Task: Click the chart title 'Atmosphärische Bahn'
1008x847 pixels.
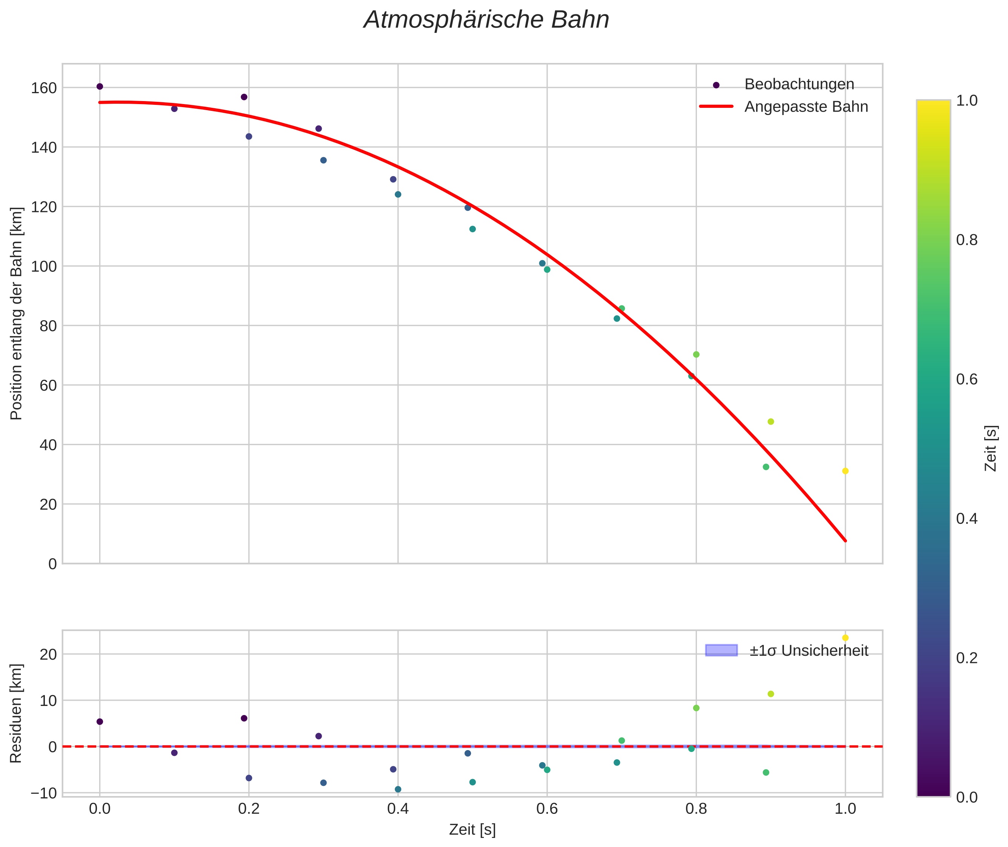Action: pyautogui.click(x=486, y=20)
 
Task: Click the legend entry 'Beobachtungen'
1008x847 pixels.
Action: pyautogui.click(x=799, y=84)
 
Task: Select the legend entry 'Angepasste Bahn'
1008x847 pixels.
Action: pyautogui.click(x=806, y=107)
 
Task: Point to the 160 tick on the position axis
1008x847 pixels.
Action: pyautogui.click(x=44, y=88)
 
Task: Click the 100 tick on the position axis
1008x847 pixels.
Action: pyautogui.click(x=44, y=267)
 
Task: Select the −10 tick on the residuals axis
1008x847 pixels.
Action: pyautogui.click(x=43, y=793)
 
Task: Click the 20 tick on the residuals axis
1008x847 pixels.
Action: pyautogui.click(x=48, y=654)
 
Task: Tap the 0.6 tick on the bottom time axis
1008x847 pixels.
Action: pyautogui.click(x=546, y=809)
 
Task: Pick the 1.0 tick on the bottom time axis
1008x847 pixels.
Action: pyautogui.click(x=845, y=809)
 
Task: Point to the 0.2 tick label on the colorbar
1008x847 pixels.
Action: pyautogui.click(x=967, y=658)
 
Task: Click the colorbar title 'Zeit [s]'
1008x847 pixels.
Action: pyautogui.click(x=991, y=448)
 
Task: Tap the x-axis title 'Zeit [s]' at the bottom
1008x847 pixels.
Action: pyautogui.click(x=472, y=830)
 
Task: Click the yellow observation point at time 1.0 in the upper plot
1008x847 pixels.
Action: pyautogui.click(x=845, y=471)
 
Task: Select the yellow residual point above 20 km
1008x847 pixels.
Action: pyautogui.click(x=845, y=638)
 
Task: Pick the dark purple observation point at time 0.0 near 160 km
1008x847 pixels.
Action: pyautogui.click(x=100, y=86)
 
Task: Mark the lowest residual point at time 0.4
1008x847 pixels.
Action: pyautogui.click(x=397, y=789)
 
